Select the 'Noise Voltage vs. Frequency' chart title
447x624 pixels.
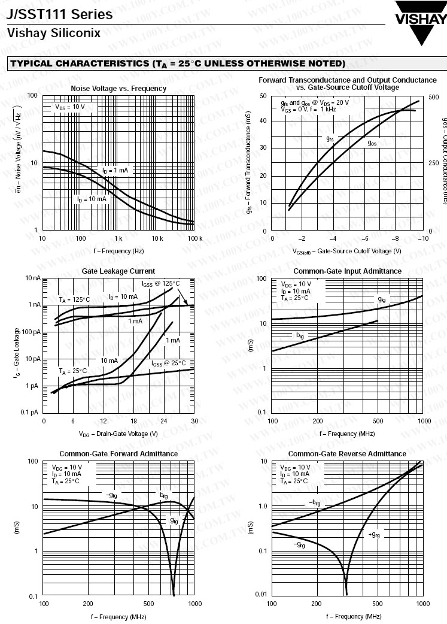click(x=118, y=89)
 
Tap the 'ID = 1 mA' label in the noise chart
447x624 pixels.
click(x=115, y=170)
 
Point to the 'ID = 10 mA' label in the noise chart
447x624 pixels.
click(x=91, y=199)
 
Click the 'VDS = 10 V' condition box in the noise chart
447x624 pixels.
click(x=70, y=107)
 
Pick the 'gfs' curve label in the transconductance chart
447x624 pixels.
click(x=330, y=139)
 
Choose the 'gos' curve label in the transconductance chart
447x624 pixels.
click(x=372, y=143)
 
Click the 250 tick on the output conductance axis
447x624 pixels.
click(x=434, y=163)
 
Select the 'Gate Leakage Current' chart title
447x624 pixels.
click(x=118, y=271)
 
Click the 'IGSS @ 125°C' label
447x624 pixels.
click(x=160, y=283)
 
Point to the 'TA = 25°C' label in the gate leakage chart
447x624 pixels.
click(x=73, y=371)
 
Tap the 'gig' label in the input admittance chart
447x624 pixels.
click(x=382, y=298)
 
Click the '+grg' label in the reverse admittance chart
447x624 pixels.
click(x=374, y=534)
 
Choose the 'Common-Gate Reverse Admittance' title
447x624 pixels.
click(x=347, y=454)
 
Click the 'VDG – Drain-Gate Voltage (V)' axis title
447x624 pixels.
click(x=118, y=433)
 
